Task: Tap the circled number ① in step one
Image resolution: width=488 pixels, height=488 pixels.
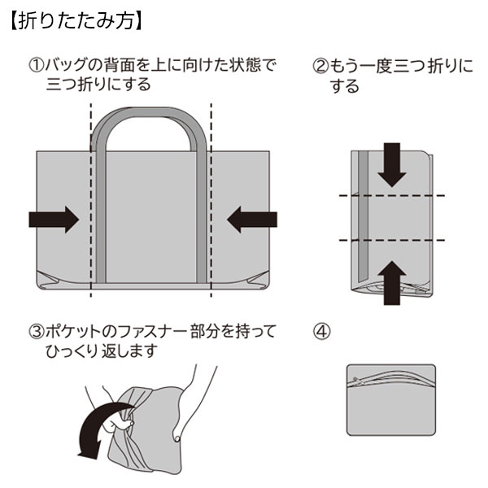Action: [36, 65]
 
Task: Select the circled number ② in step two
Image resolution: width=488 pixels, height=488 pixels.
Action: [320, 65]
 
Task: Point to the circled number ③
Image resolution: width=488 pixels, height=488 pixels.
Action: [36, 332]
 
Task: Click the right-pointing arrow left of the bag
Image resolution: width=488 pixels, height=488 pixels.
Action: [53, 218]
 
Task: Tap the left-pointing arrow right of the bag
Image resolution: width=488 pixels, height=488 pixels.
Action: [252, 218]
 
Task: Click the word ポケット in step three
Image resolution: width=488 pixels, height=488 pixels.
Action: [77, 332]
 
